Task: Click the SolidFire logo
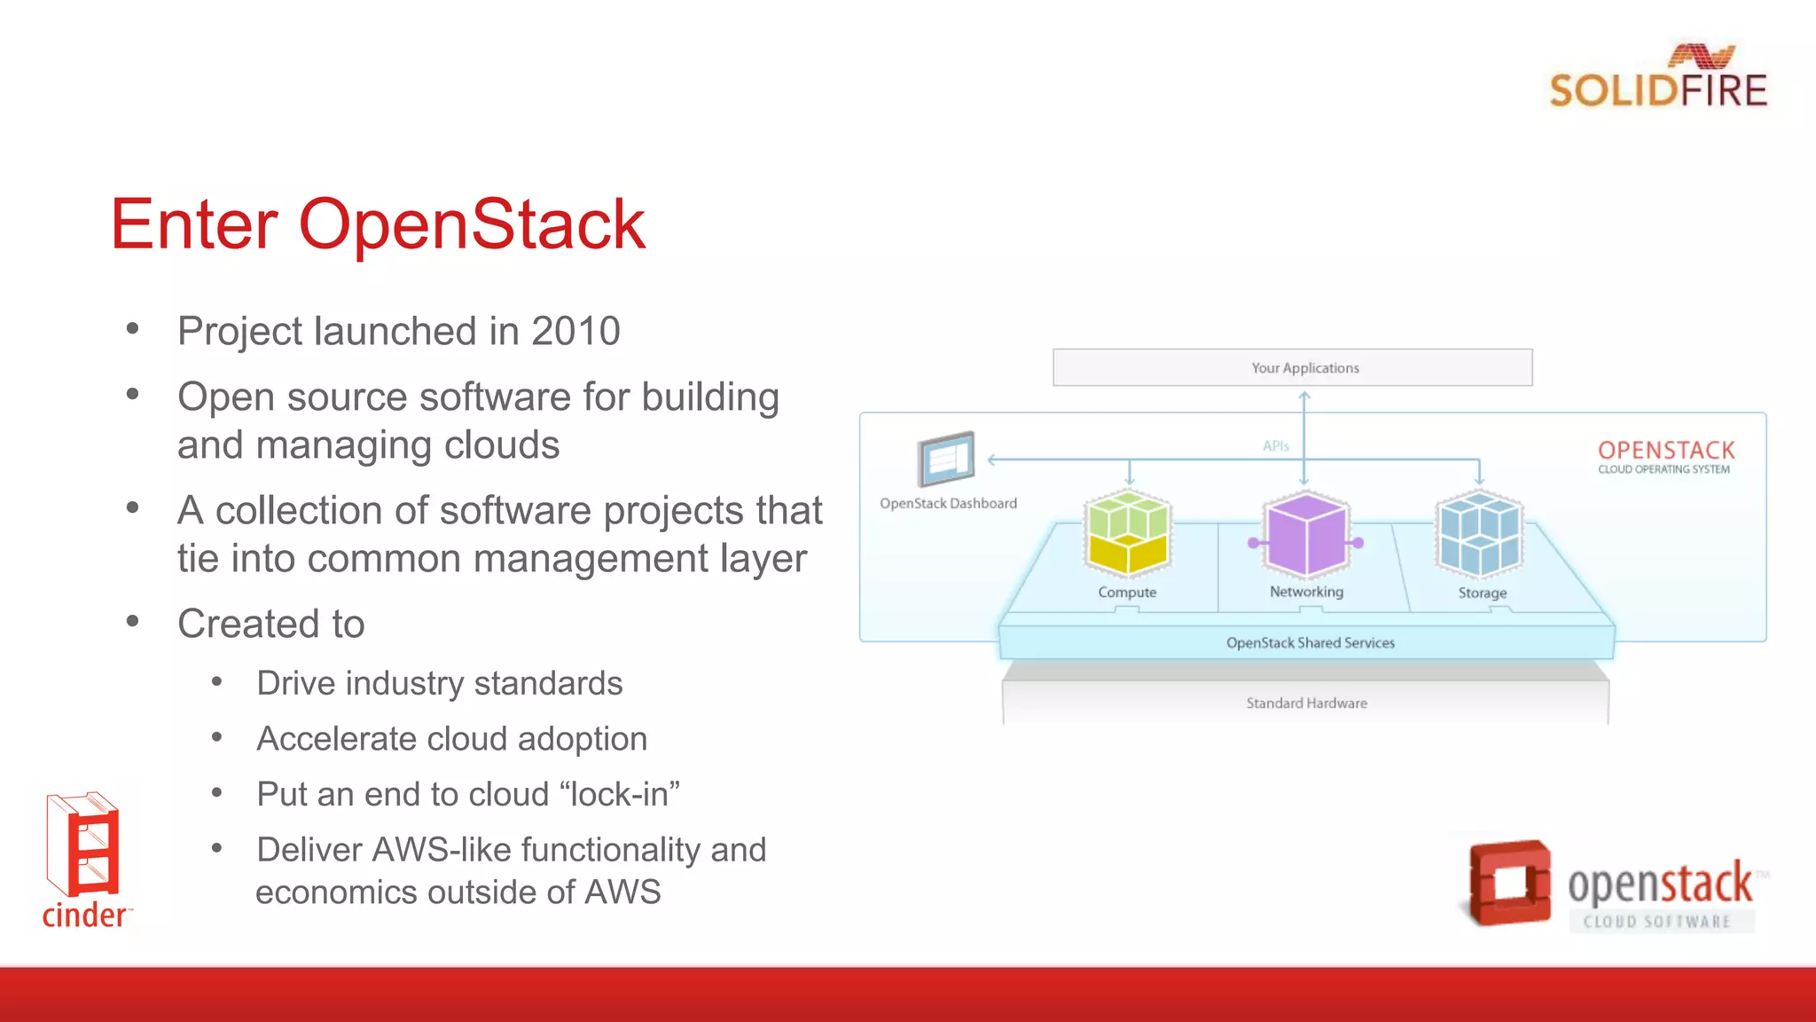pos(1657,78)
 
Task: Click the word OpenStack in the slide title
pos(471,224)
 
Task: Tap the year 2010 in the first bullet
pos(575,332)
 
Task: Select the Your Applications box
pos(1292,367)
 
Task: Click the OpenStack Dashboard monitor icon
pos(946,459)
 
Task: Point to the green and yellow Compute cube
pos(1127,534)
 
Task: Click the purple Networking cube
pos(1305,534)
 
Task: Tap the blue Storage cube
pos(1479,534)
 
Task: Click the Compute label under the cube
pos(1127,593)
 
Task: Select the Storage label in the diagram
pos(1482,593)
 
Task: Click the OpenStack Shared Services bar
pos(1309,642)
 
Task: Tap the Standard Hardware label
pos(1306,704)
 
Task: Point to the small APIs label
pos(1275,446)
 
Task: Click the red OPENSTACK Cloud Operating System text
pos(1665,456)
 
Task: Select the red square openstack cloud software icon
pos(1509,884)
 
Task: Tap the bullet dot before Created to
pos(133,622)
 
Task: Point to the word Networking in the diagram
pos(1306,592)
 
